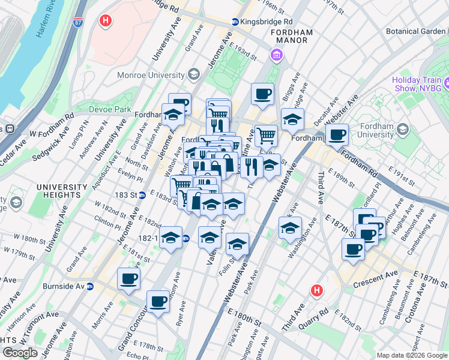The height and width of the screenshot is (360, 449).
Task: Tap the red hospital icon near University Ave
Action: coord(106,21)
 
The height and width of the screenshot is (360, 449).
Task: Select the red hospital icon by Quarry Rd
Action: coord(317,291)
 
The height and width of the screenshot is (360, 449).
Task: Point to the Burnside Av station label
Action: coord(67,286)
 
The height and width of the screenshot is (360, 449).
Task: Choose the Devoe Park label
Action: coord(110,109)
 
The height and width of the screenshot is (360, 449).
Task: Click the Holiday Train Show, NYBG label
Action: coord(420,84)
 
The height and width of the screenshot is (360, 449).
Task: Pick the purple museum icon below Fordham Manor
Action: coord(276,56)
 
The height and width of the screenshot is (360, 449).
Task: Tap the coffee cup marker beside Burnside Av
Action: coord(130,280)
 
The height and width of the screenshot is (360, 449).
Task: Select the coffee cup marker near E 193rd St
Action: coord(262,94)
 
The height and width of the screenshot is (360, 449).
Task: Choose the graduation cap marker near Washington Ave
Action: coord(291,228)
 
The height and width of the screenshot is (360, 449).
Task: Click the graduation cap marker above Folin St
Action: coord(238,244)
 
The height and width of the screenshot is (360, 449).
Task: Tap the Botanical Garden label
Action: coord(418,31)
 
